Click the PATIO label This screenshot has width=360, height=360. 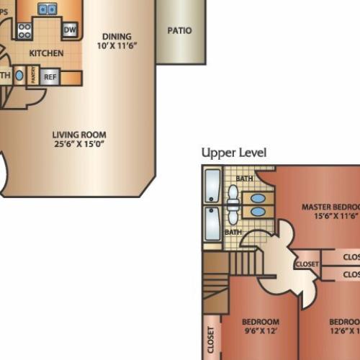(179, 31)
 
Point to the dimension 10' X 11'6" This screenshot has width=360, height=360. (117, 45)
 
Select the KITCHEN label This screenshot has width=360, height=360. (46, 53)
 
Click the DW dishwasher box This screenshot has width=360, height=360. (70, 30)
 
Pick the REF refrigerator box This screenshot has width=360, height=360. (50, 77)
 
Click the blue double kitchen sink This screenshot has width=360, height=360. (48, 9)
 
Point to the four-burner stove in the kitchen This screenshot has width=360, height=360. (24, 30)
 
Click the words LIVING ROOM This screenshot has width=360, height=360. (79, 135)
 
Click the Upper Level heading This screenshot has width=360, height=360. (234, 153)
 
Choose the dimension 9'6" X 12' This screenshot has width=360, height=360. (260, 332)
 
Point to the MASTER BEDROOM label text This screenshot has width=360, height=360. (330, 207)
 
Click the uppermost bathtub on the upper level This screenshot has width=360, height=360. (213, 186)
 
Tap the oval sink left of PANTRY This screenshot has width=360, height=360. (19, 76)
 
